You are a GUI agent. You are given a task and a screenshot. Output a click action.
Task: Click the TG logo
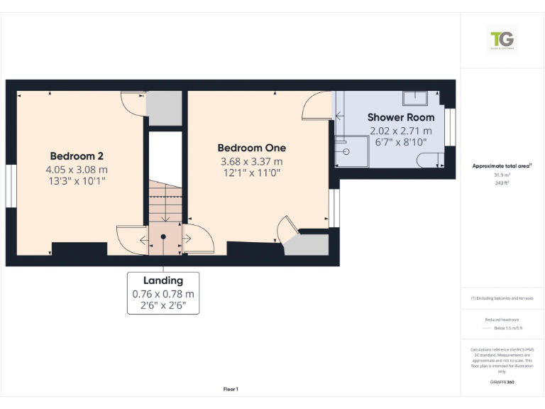(502, 40)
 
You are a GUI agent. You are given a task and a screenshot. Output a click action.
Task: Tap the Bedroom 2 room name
(77, 156)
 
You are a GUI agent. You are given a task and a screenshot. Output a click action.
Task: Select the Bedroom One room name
(251, 148)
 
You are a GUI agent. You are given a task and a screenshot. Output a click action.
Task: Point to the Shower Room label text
(400, 117)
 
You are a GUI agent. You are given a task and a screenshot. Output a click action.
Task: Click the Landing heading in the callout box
(163, 280)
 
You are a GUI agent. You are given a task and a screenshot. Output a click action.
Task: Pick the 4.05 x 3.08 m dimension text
(77, 170)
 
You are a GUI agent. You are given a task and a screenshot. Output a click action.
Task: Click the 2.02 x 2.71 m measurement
(400, 131)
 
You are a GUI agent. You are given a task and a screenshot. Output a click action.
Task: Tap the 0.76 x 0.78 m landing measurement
(163, 294)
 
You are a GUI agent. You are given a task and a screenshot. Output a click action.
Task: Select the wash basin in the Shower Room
(414, 97)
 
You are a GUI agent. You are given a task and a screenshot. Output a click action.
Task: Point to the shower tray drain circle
(346, 151)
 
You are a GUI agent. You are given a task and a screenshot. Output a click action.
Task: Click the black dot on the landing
(163, 236)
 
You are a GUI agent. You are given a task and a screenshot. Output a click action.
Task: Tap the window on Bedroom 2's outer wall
(11, 186)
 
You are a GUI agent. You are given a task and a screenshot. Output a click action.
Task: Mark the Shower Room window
(450, 127)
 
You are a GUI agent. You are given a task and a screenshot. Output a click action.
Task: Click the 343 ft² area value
(502, 182)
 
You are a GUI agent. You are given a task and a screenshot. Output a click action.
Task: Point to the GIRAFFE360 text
(502, 382)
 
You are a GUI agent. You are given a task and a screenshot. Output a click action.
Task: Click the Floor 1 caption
(231, 389)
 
